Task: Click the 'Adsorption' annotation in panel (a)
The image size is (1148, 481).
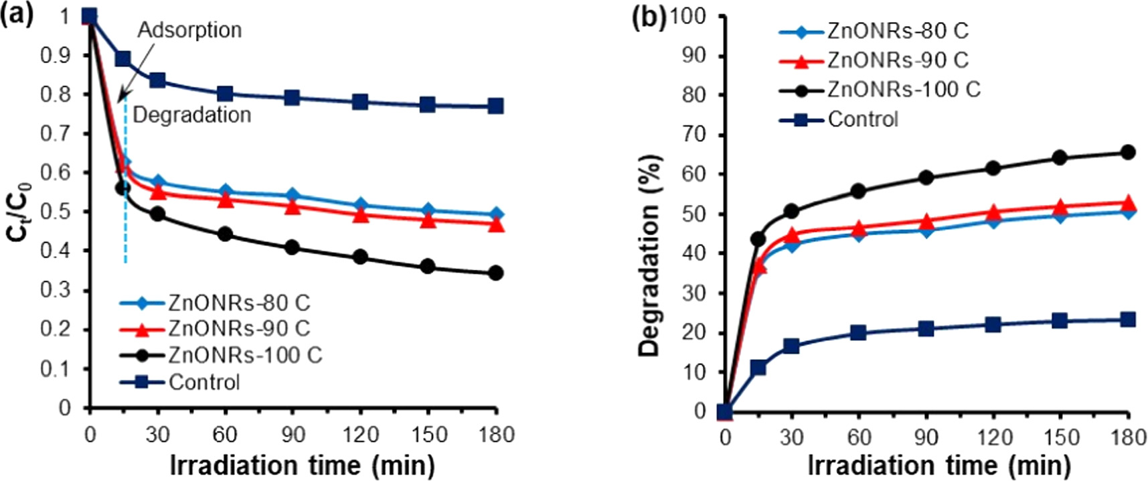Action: [x=189, y=30]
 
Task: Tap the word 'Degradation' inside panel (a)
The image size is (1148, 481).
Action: [x=192, y=115]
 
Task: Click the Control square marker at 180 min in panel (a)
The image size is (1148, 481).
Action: [x=495, y=106]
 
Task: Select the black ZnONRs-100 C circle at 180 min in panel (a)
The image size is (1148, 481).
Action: [x=495, y=273]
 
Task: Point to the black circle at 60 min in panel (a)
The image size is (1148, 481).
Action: [x=225, y=234]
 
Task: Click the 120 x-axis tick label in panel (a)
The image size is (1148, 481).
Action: [x=360, y=435]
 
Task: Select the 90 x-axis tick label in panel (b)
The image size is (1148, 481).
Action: [x=926, y=437]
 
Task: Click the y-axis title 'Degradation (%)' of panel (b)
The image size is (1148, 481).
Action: [x=650, y=255]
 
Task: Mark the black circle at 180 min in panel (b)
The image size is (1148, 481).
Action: [x=1128, y=152]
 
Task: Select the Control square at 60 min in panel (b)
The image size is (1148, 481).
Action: [x=859, y=332]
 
